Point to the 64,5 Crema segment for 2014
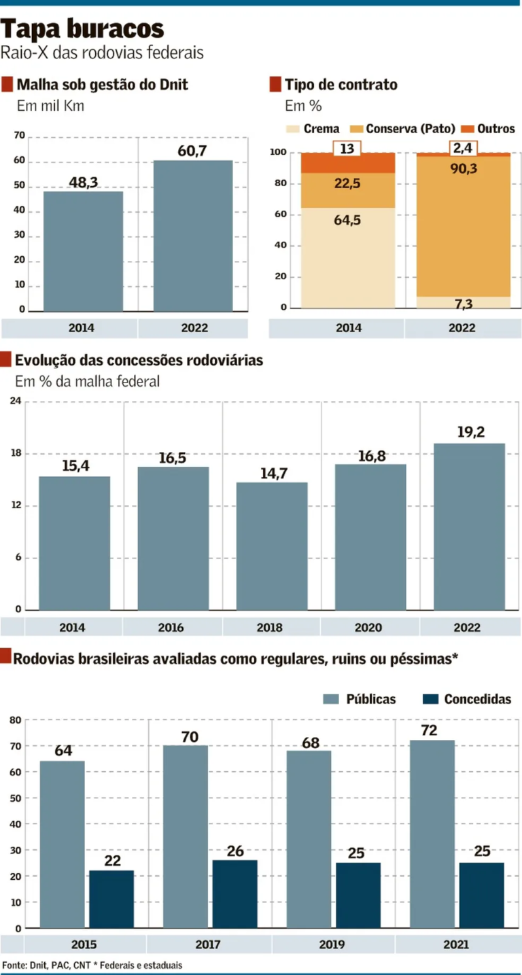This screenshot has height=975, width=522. tap(347, 258)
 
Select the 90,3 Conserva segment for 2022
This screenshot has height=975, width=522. tap(464, 224)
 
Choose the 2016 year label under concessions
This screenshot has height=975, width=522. tap(171, 628)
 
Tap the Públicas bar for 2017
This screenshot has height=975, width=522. tap(186, 836)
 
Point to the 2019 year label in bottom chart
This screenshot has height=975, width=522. tap(332, 944)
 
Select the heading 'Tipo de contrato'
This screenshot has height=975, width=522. tap(341, 85)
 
